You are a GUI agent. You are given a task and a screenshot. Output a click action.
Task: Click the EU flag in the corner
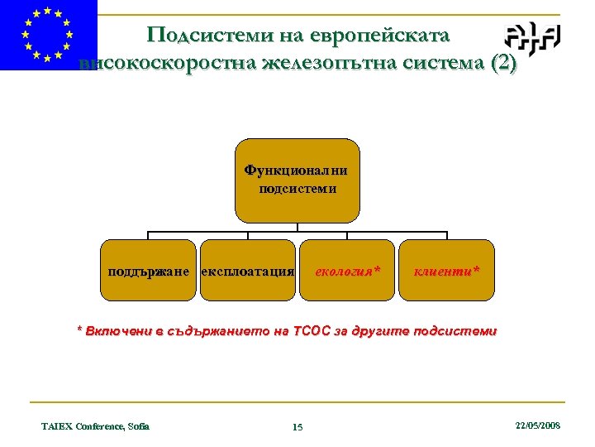(x=48, y=35)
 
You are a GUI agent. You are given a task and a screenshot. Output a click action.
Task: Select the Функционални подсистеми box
(x=297, y=180)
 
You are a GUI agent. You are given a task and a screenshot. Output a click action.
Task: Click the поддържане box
(x=148, y=270)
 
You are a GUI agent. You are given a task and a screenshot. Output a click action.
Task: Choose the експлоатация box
(x=247, y=270)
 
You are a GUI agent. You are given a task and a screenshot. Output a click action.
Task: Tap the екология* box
(x=346, y=270)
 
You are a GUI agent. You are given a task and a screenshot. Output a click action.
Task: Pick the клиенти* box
(x=446, y=270)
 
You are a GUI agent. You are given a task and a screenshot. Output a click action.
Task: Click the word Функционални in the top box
(x=297, y=171)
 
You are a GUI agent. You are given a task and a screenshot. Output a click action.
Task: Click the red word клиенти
(x=442, y=271)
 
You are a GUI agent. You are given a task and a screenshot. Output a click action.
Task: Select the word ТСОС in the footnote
(x=314, y=331)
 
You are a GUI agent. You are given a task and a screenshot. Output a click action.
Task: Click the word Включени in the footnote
(x=118, y=331)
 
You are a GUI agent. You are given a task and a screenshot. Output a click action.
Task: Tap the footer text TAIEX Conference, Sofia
(x=95, y=426)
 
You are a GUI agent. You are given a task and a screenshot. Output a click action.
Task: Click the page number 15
(x=297, y=427)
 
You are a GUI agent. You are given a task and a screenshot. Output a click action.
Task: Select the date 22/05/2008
(x=537, y=425)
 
